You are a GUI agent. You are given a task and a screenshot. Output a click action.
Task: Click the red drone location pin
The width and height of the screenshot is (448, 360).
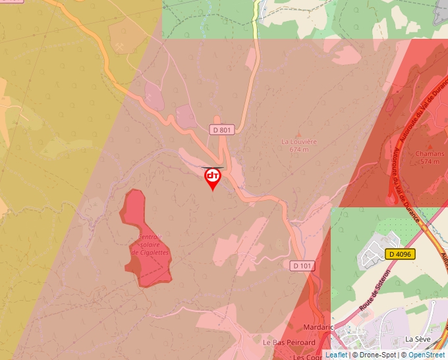click(212, 178)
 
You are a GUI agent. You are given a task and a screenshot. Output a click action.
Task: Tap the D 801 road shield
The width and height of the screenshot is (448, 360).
click(222, 130)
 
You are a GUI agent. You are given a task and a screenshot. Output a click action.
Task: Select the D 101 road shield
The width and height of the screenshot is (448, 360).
click(302, 265)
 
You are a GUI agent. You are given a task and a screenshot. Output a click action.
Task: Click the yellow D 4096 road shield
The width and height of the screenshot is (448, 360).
click(400, 254)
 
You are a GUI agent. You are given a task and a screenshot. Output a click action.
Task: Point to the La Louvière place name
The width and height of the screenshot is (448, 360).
click(299, 141)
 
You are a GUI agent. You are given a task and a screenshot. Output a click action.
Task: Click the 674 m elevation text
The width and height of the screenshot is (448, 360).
click(299, 149)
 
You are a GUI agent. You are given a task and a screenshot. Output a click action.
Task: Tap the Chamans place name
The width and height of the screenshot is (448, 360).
click(430, 154)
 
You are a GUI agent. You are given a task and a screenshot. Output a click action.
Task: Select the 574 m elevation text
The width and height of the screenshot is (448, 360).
click(430, 161)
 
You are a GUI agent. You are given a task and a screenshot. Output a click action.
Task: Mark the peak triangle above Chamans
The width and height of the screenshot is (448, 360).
click(430, 146)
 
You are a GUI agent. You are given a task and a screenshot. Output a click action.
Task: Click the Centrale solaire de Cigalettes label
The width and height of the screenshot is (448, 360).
click(150, 245)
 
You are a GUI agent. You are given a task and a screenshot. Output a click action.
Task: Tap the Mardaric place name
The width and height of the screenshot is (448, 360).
click(320, 327)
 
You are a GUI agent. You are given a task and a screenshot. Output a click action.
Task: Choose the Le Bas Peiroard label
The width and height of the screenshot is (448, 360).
click(289, 342)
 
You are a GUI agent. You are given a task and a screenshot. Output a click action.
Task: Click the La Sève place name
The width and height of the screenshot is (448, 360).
click(418, 339)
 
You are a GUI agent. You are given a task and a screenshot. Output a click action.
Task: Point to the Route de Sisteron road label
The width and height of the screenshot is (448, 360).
click(376, 290)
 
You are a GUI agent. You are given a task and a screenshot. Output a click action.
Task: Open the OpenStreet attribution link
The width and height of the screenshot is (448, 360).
click(428, 355)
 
